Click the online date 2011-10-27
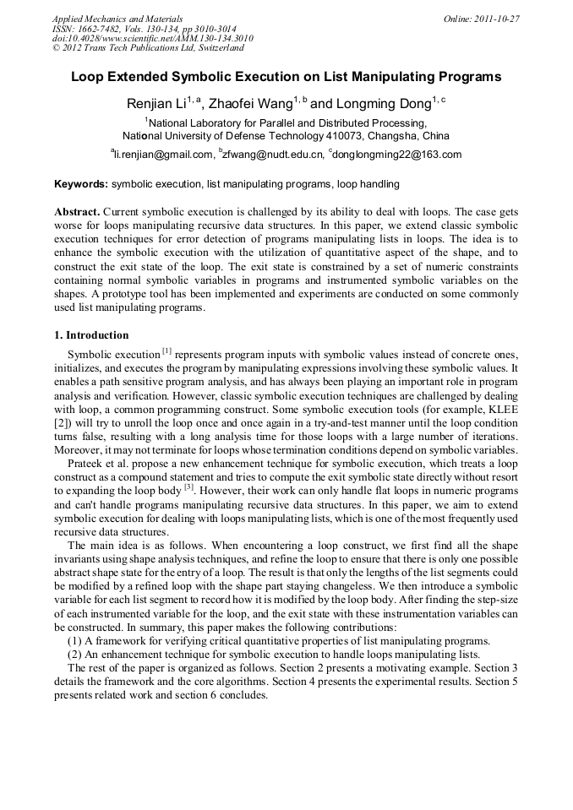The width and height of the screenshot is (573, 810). [x=497, y=19]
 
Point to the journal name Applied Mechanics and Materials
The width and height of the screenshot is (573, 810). [x=117, y=19]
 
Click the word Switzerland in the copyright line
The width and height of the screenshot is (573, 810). [x=216, y=48]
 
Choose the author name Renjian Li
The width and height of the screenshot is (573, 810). [x=157, y=105]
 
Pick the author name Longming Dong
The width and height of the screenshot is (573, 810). [x=382, y=105]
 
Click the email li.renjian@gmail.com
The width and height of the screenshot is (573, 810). [x=163, y=155]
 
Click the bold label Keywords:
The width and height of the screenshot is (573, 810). [x=81, y=184]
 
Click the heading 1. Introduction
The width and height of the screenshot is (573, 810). [x=91, y=335]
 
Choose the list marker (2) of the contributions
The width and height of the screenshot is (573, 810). [x=74, y=655]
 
